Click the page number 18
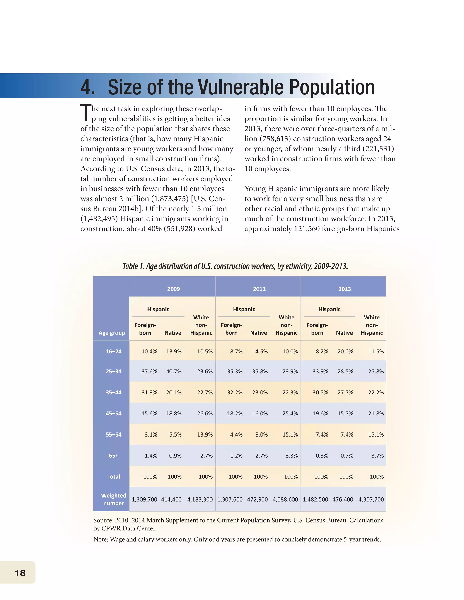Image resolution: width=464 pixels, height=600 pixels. [20, 573]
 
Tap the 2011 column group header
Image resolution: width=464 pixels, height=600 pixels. [259, 289]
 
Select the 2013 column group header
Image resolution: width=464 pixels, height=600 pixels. [344, 289]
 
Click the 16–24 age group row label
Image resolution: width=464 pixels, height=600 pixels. [114, 351]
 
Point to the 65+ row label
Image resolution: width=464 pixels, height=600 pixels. [114, 456]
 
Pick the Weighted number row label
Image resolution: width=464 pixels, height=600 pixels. [114, 499]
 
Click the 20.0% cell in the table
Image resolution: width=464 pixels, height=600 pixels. [345, 351]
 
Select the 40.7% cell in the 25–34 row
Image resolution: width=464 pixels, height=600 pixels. [174, 371]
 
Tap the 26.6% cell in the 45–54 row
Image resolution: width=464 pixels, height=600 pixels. [205, 413]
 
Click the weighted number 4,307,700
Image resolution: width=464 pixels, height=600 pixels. [371, 499]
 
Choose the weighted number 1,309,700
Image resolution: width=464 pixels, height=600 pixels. [144, 499]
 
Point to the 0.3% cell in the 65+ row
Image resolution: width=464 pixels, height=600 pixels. [322, 456]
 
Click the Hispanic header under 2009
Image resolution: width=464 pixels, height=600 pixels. [158, 309]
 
